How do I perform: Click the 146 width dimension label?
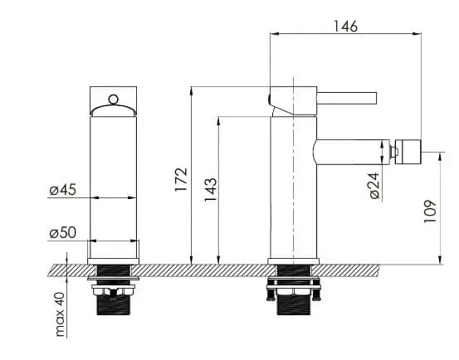345,27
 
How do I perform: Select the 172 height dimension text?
181,179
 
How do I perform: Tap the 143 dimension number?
211,190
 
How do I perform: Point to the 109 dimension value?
430,212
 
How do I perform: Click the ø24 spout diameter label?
374,186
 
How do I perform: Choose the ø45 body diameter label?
62,189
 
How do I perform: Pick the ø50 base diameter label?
62,233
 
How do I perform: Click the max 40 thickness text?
60,314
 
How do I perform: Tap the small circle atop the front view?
113,100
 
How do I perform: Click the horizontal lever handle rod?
347,98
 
